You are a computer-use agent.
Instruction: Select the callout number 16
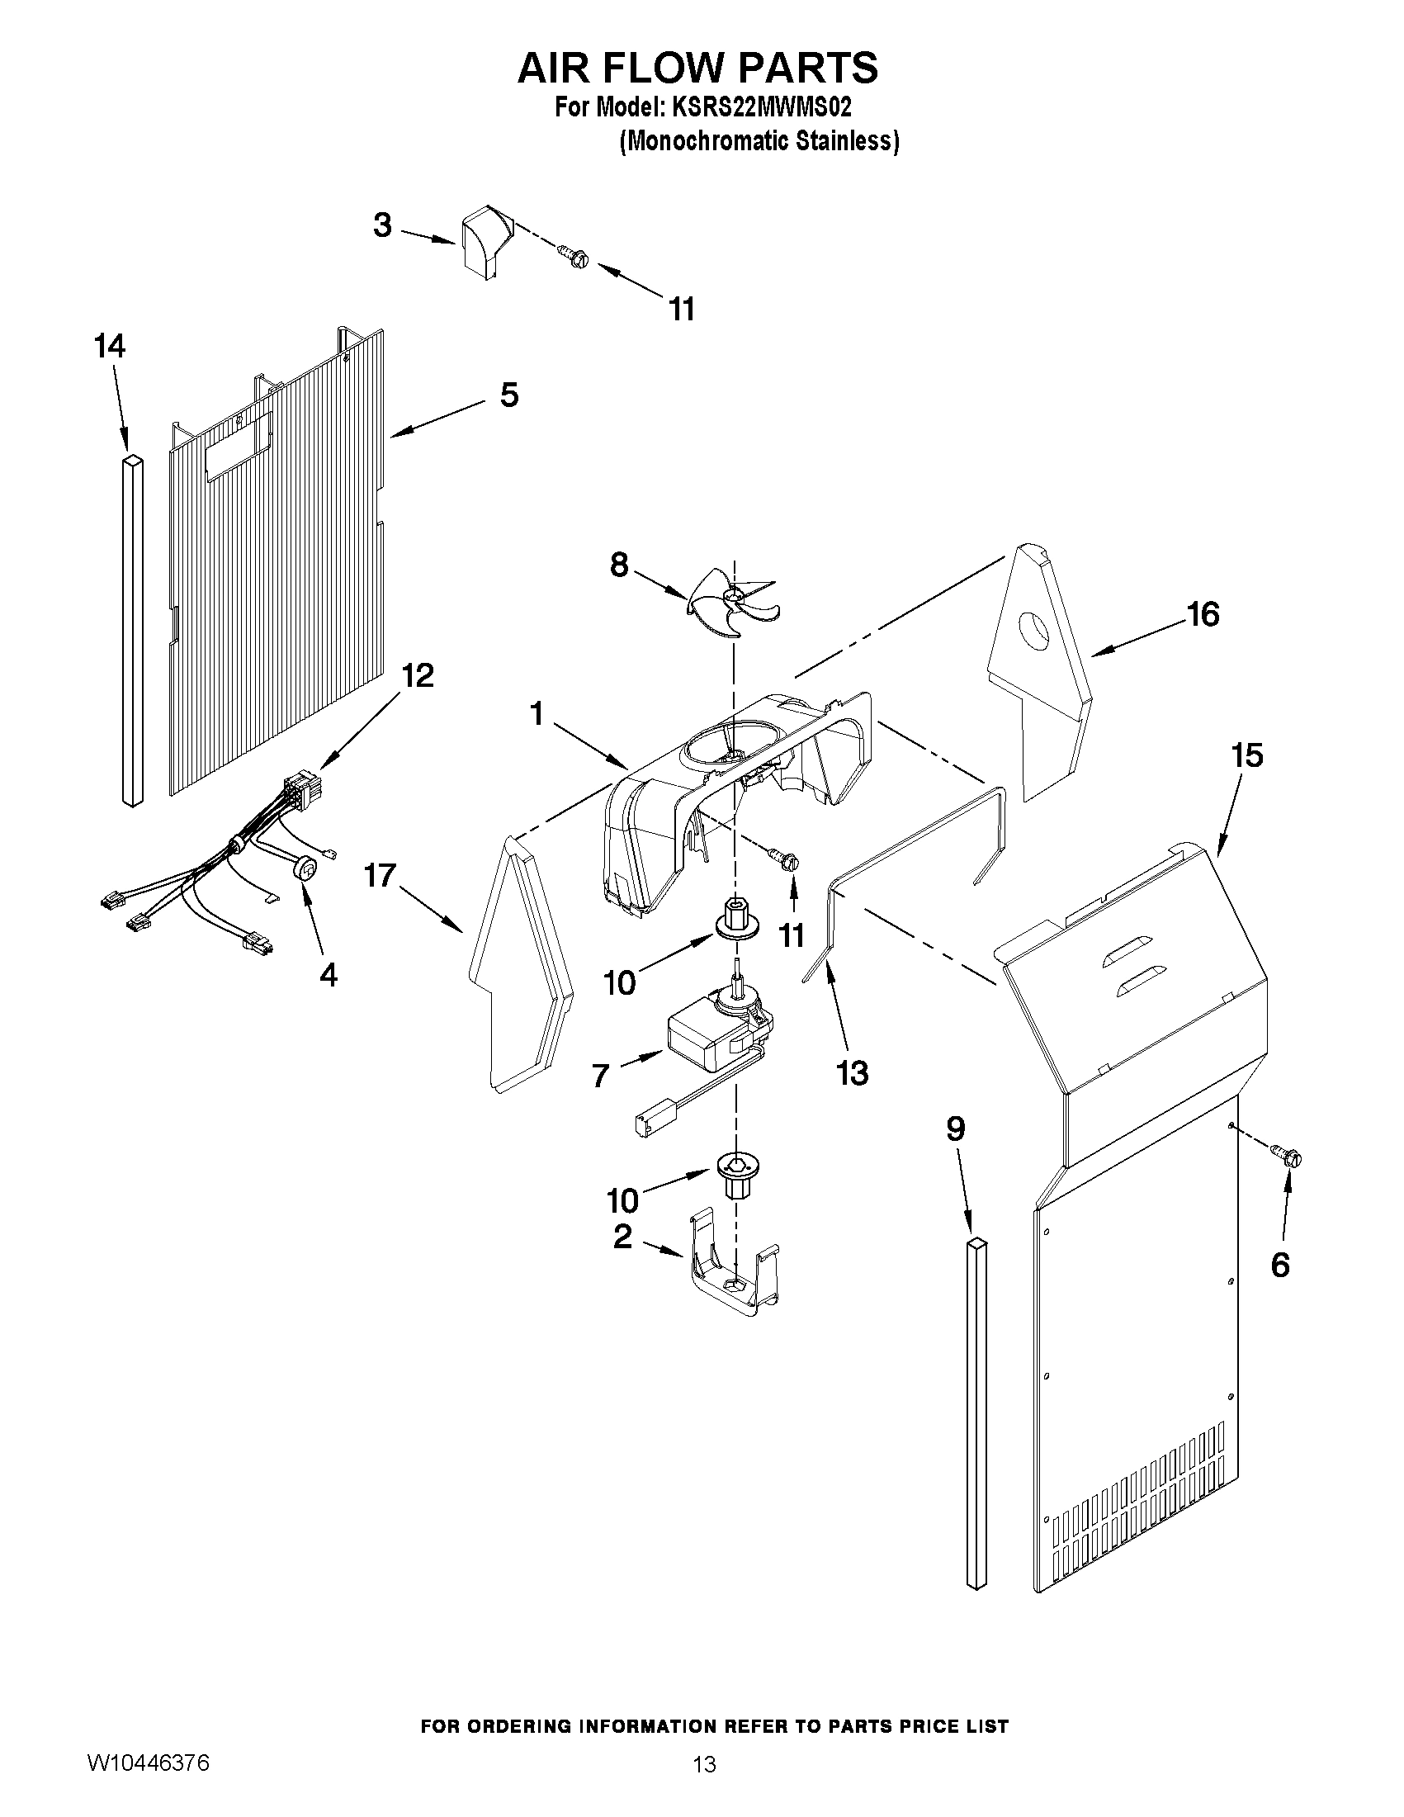1203,614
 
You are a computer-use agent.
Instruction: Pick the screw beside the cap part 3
571,254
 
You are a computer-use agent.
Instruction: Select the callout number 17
381,875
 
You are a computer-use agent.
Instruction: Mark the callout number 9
956,1129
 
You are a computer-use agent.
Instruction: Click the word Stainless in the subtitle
846,142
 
